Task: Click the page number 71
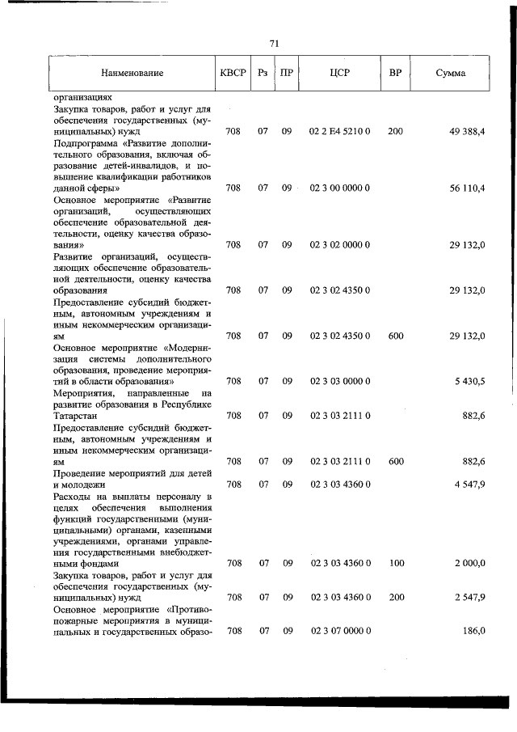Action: [x=274, y=44]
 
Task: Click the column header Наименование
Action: [x=132, y=74]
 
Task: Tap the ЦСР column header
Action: [x=339, y=74]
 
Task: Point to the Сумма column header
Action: [x=450, y=74]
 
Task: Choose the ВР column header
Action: [x=395, y=74]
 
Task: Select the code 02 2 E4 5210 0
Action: [x=340, y=131]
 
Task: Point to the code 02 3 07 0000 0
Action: [x=340, y=631]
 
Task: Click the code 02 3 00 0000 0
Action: [x=340, y=188]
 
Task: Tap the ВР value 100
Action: [x=395, y=563]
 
